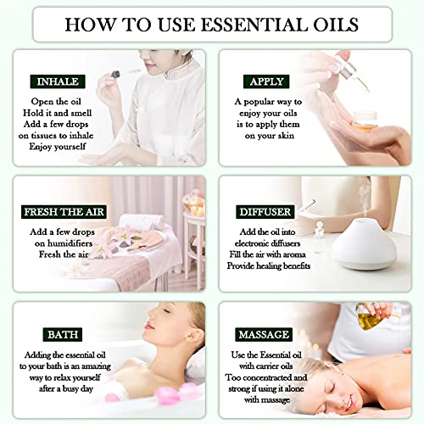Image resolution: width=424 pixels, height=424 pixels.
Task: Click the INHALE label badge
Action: tap(57, 81)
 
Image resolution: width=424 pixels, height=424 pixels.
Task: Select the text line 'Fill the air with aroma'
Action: tap(271, 254)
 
